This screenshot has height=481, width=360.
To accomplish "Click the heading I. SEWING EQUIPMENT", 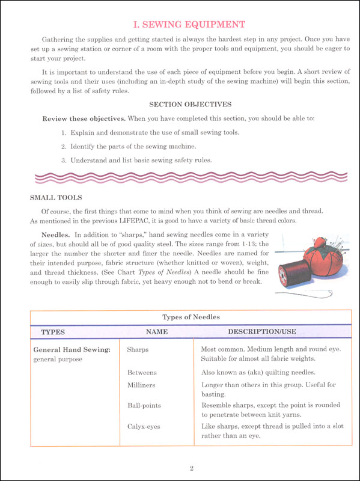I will click(188, 25).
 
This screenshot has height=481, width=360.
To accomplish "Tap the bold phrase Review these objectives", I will click(80, 118).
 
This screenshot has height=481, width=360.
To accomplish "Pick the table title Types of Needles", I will click(191, 317).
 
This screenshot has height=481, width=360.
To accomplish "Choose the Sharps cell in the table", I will click(138, 349).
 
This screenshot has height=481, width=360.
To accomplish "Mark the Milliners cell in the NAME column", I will click(142, 384).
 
